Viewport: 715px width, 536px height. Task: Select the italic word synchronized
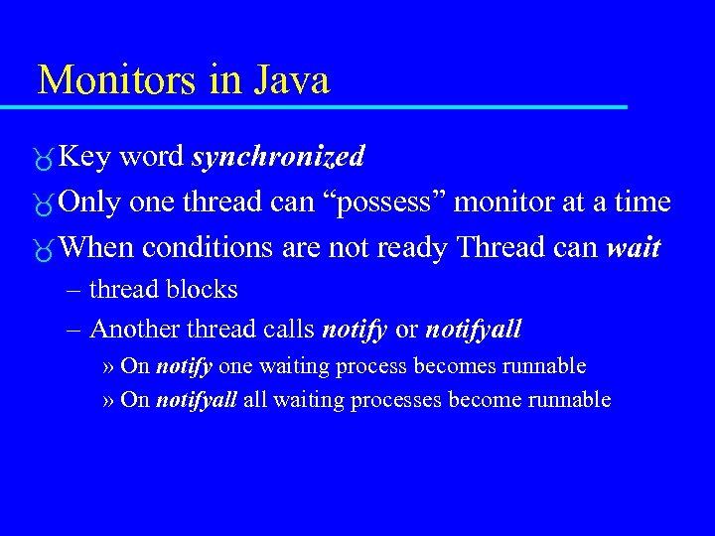(278, 158)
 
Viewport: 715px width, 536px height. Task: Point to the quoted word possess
(394, 203)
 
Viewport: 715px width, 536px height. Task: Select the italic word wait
(634, 248)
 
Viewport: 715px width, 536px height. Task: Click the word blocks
(203, 290)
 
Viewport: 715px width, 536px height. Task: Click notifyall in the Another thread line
(473, 330)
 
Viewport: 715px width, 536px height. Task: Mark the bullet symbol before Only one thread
(44, 204)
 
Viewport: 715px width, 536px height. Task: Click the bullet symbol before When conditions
(44, 250)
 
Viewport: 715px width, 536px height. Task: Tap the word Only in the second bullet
(89, 203)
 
